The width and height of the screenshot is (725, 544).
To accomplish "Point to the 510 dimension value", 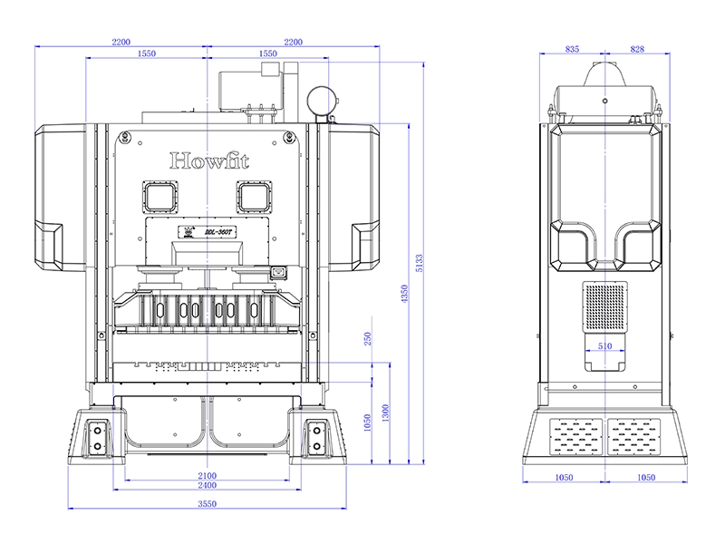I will (604, 345).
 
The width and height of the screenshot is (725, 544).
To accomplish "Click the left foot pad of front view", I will (94, 439).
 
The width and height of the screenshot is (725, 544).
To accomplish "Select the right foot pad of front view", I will (316, 439).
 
